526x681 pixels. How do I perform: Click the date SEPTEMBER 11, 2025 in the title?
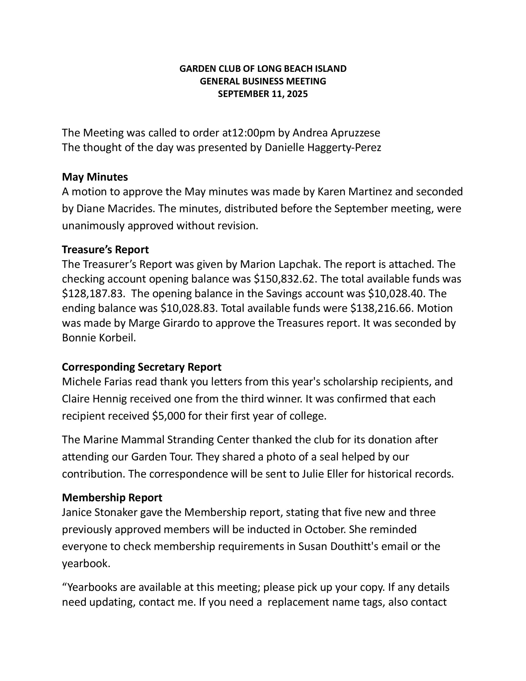pyautogui.click(x=262, y=94)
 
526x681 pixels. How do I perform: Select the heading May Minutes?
pyautogui.click(x=95, y=177)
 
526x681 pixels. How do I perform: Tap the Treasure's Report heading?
pyautogui.click(x=105, y=250)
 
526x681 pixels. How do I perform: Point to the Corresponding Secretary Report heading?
pyautogui.click(x=141, y=367)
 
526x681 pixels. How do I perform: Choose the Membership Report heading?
pyautogui.click(x=112, y=497)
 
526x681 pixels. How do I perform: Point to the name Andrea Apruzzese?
pyautogui.click(x=336, y=133)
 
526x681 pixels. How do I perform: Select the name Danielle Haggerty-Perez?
pyautogui.click(x=323, y=147)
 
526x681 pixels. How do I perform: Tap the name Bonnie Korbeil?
pyautogui.click(x=99, y=337)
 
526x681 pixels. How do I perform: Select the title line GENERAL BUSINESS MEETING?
pyautogui.click(x=262, y=81)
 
